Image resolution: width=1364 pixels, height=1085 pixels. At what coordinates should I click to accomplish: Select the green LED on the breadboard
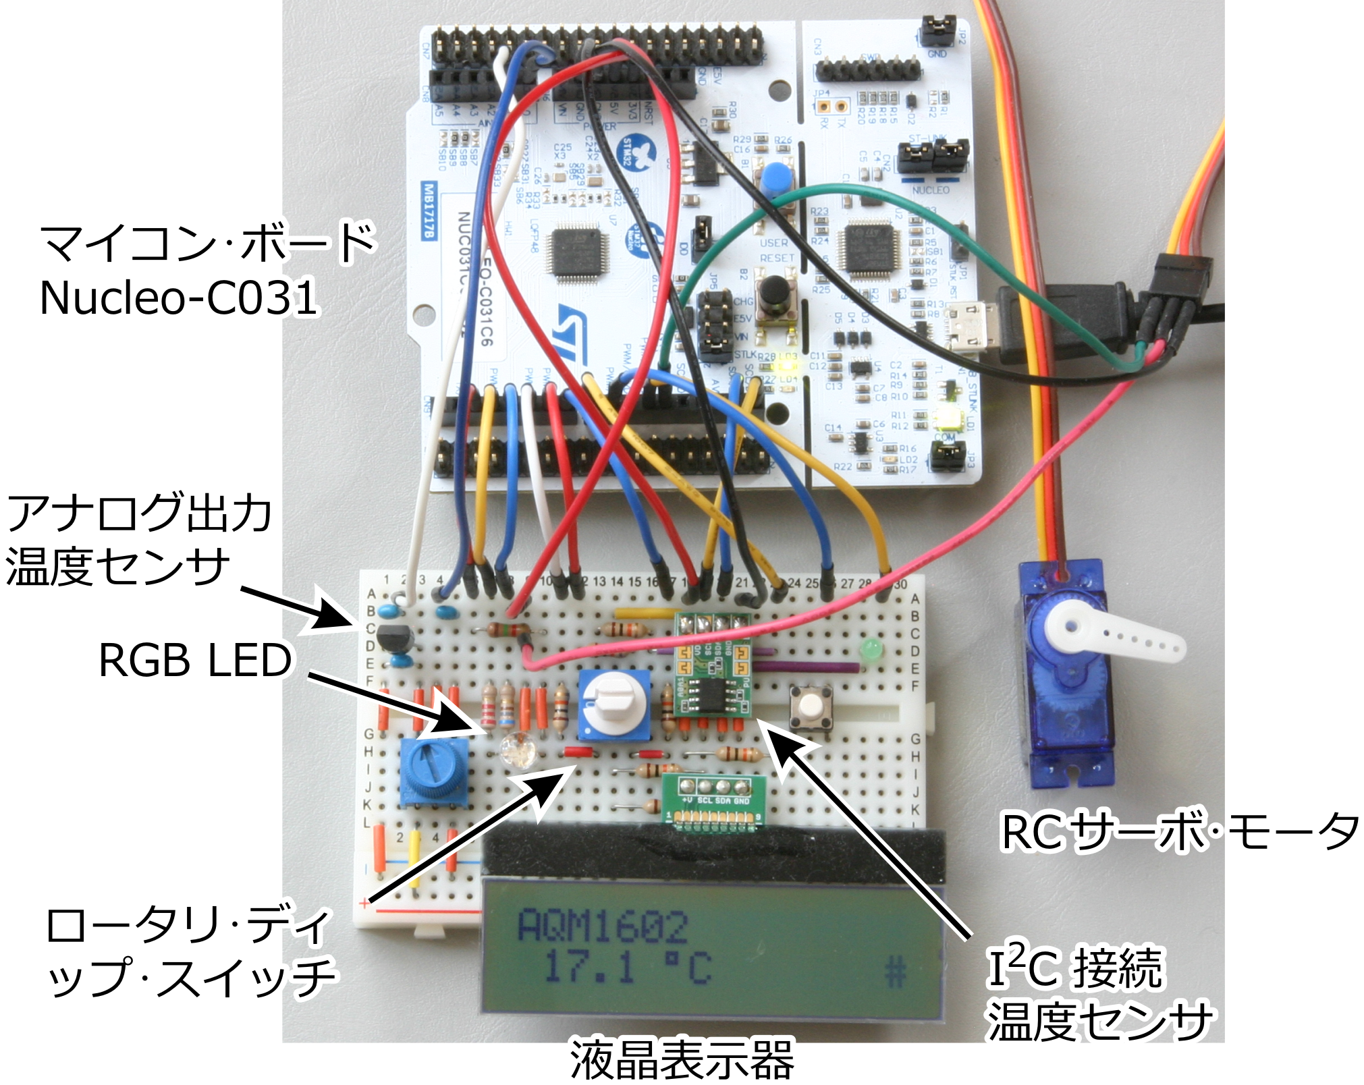(871, 650)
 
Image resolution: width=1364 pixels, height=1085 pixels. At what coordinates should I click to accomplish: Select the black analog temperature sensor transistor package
(394, 638)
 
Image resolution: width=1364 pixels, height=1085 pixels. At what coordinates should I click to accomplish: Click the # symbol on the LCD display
(894, 972)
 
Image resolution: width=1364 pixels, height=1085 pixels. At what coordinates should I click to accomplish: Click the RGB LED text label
(195, 660)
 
